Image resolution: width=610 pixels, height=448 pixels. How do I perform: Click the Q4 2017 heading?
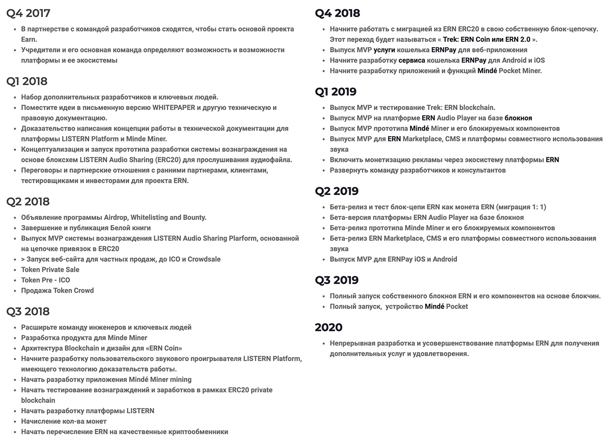point(28,13)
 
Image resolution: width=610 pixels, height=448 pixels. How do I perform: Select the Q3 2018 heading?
point(28,311)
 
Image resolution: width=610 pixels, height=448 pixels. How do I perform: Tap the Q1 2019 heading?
point(335,91)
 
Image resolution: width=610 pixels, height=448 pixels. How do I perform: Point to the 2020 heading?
point(328,328)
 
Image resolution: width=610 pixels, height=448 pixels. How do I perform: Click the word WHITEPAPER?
point(174,108)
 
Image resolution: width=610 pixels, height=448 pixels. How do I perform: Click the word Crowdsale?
point(204,259)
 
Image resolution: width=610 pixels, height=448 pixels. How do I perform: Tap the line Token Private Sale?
point(50,270)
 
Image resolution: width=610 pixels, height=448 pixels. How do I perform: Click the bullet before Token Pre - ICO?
point(16,280)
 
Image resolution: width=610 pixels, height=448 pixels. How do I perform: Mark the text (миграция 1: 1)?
point(521,207)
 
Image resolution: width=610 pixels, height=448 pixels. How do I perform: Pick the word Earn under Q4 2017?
point(29,40)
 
